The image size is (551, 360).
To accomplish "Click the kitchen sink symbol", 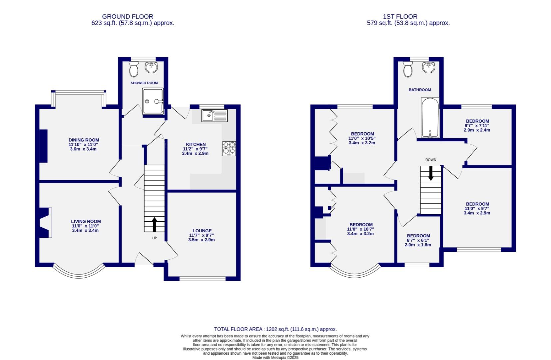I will pyautogui.click(x=214, y=116).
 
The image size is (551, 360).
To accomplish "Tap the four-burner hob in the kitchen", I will pyautogui.click(x=229, y=148).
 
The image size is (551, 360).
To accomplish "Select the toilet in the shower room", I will pyautogui.click(x=134, y=69).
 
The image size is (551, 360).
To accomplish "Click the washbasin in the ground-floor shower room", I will pyautogui.click(x=152, y=67).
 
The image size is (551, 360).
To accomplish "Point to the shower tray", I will pyautogui.click(x=153, y=101).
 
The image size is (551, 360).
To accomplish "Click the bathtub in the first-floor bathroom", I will pyautogui.click(x=430, y=118).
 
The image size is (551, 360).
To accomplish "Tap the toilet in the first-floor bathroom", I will pyautogui.click(x=408, y=69).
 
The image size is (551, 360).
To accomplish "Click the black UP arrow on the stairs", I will pyautogui.click(x=155, y=225).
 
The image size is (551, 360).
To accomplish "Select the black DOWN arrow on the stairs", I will pyautogui.click(x=431, y=173).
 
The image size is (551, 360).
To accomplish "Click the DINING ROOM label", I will pyautogui.click(x=84, y=140).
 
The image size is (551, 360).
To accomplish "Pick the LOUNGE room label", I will pyautogui.click(x=202, y=231).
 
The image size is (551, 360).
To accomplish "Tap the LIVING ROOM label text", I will pyautogui.click(x=86, y=221).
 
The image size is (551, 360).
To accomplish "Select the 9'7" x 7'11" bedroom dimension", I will pyautogui.click(x=477, y=126).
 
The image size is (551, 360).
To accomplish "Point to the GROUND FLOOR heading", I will pyautogui.click(x=128, y=16).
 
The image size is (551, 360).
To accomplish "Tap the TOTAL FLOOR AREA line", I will pyautogui.click(x=275, y=329).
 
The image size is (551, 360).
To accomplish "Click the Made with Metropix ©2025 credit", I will pyautogui.click(x=275, y=357).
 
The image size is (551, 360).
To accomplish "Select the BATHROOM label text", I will pyautogui.click(x=420, y=90).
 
